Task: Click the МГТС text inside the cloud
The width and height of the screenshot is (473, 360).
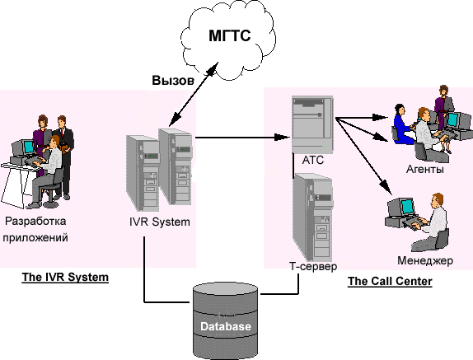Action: coord(230,35)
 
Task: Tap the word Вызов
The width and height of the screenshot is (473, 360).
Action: coord(173,81)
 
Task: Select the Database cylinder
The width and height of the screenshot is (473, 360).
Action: coord(225,320)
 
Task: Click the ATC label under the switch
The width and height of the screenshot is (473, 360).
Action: coord(313,160)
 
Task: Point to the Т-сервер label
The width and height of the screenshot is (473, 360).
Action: coord(313,266)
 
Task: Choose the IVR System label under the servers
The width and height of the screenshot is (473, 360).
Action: coord(160,222)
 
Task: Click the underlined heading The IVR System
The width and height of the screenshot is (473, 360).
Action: coord(65,277)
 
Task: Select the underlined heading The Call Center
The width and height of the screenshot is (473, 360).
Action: coord(390,281)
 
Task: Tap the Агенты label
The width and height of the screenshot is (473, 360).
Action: coord(425,170)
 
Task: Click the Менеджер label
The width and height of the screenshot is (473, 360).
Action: coord(425,260)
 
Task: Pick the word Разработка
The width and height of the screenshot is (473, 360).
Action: coord(35,221)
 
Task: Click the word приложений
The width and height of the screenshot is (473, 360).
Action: coord(35,238)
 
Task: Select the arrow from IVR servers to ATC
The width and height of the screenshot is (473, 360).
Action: coord(242,138)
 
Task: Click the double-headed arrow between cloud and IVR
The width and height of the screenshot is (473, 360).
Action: coord(194,95)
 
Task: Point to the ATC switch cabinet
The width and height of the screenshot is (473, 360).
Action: coord(312,124)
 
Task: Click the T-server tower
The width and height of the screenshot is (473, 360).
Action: coord(313,217)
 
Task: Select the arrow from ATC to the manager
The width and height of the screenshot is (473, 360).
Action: coord(363,157)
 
